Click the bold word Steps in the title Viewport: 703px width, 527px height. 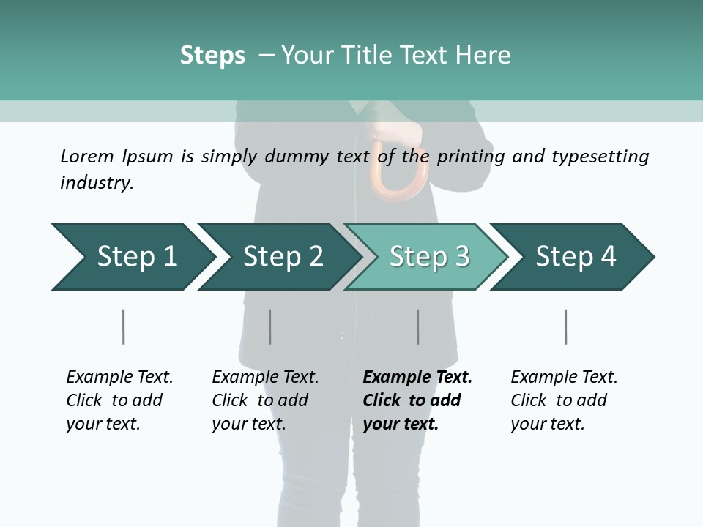point(212,56)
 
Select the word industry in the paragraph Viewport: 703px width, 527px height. point(97,183)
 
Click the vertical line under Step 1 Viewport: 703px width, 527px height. point(124,326)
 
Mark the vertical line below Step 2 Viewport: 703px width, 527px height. point(270,326)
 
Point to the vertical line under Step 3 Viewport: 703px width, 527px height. point(418,326)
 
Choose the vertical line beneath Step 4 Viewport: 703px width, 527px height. point(566,326)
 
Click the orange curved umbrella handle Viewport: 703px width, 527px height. point(398,172)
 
